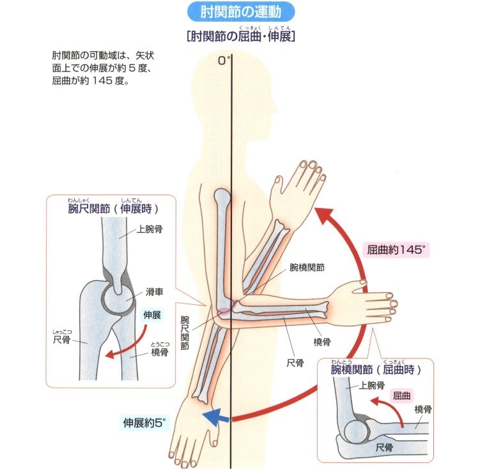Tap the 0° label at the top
pyautogui.click(x=223, y=61)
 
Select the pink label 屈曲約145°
pyautogui.click(x=396, y=250)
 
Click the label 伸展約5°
pyautogui.click(x=144, y=422)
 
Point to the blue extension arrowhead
pyautogui.click(x=208, y=418)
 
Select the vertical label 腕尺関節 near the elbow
pyautogui.click(x=185, y=332)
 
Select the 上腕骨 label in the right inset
pyautogui.click(x=371, y=385)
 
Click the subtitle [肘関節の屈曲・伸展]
pyautogui.click(x=240, y=36)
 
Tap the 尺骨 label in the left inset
pyautogui.click(x=62, y=340)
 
